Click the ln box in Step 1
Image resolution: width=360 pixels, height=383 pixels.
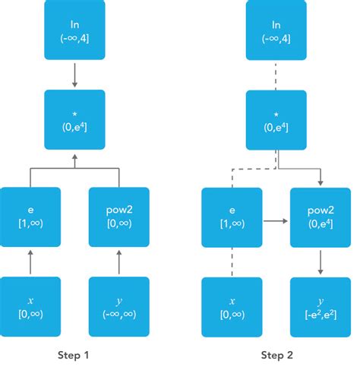pos(74,31)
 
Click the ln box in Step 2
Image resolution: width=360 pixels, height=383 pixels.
pos(276,31)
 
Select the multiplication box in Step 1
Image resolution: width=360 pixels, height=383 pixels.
pos(74,119)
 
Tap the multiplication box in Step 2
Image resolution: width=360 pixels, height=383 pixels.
pos(276,119)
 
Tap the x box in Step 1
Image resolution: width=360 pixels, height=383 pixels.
pos(30,307)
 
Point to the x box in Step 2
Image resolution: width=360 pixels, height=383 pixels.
pos(231,307)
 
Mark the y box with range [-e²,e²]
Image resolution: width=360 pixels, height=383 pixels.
pos(321,307)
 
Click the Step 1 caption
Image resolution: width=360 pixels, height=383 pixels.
pos(74,355)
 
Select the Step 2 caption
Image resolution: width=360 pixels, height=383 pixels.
pos(276,355)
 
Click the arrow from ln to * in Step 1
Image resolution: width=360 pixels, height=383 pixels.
pos(74,74)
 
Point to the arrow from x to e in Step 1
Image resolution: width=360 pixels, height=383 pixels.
pos(30,262)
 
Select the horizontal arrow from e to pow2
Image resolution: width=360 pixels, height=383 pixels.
pos(276,223)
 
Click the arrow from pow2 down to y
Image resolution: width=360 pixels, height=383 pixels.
pos(321,262)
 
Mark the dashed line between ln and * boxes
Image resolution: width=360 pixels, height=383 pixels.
pos(276,74)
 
